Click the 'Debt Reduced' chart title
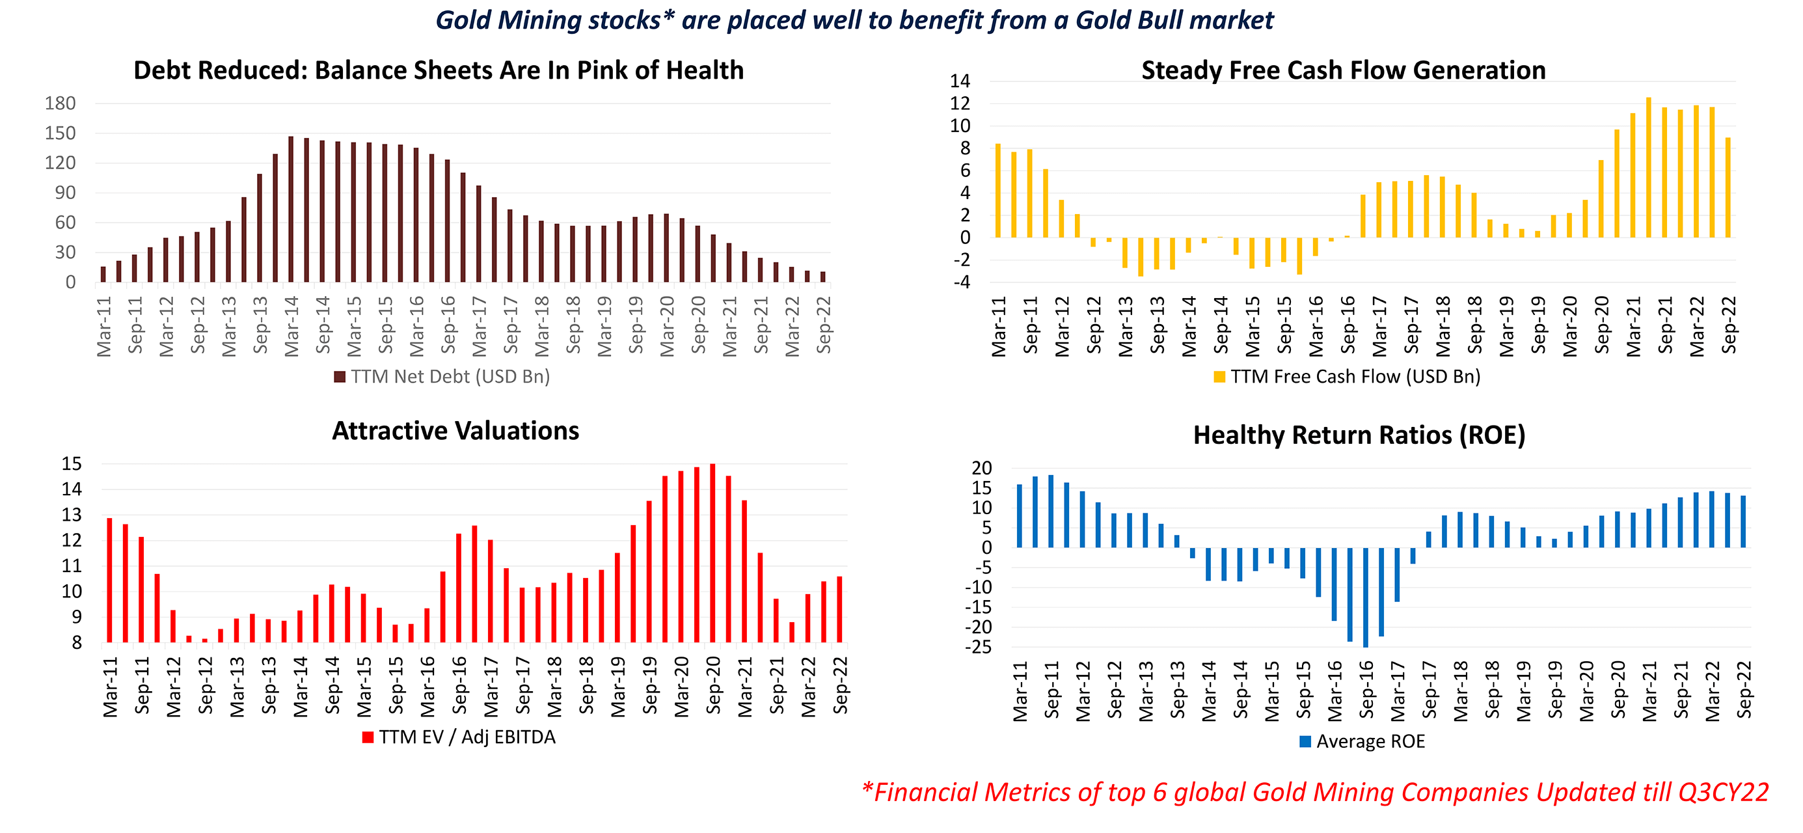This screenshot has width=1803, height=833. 438,71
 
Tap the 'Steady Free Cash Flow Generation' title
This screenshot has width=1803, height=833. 1342,71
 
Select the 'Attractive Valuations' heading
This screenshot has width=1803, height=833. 455,431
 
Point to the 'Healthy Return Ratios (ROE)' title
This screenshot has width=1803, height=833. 1359,435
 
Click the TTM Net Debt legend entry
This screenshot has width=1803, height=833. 442,377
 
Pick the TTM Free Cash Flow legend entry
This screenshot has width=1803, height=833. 1348,377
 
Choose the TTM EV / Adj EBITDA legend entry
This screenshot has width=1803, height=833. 459,737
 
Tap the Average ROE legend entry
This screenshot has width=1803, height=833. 1362,741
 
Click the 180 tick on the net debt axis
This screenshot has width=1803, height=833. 61,103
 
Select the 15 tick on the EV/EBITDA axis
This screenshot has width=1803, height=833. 72,464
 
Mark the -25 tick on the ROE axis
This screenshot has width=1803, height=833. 978,648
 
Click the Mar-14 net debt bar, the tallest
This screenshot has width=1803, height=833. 290,210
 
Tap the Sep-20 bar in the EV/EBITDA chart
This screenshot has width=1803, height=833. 712,553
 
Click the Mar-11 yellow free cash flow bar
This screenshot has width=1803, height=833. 997,191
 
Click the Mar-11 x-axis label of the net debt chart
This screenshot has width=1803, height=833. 104,326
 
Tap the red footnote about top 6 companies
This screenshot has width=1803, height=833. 1315,793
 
